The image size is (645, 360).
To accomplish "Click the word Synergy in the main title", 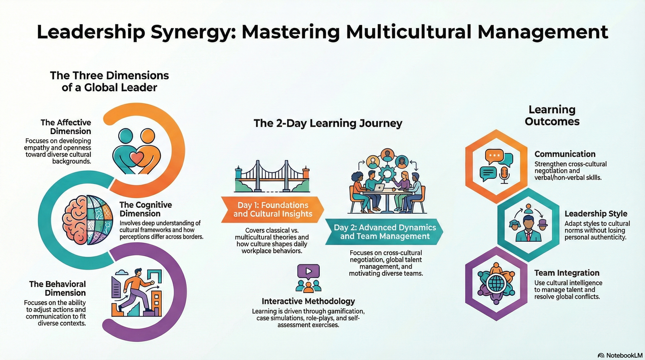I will click(x=192, y=32).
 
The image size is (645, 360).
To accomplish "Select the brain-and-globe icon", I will click(x=87, y=220).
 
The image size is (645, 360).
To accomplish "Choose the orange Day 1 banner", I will click(x=273, y=210).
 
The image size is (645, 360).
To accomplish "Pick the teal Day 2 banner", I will click(x=385, y=232).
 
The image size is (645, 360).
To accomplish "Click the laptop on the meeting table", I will click(x=379, y=187).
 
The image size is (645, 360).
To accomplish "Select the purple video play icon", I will click(x=308, y=271).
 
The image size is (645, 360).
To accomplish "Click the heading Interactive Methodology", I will click(x=308, y=301).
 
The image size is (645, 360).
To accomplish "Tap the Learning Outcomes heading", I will click(x=552, y=116).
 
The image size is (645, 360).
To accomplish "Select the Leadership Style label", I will click(x=596, y=214).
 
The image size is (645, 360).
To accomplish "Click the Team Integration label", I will click(x=567, y=273).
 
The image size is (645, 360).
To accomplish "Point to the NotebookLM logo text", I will click(x=624, y=355).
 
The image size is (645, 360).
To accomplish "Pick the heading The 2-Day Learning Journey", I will click(x=328, y=123).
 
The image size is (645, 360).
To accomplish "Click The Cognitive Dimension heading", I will click(x=146, y=209).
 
